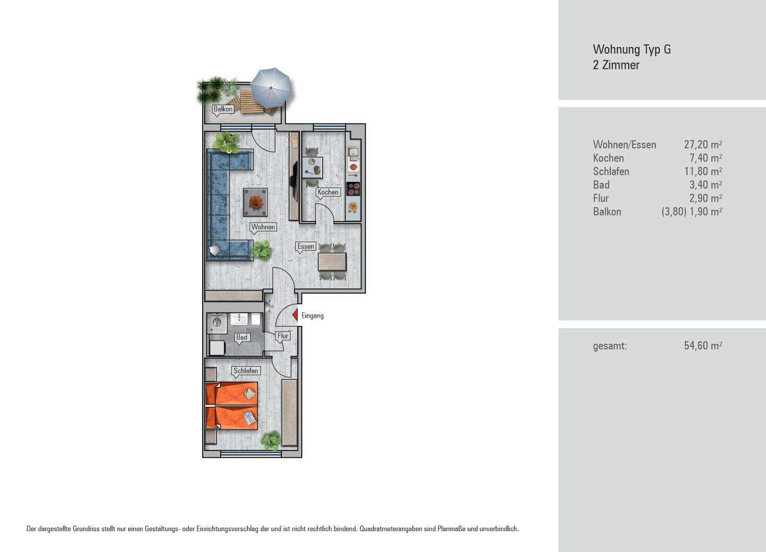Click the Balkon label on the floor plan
pyautogui.click(x=223, y=109)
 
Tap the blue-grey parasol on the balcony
pyautogui.click(x=270, y=88)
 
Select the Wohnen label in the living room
pyautogui.click(x=263, y=227)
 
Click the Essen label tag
pyautogui.click(x=305, y=246)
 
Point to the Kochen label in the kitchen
pyautogui.click(x=328, y=192)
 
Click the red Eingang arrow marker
pyautogui.click(x=295, y=315)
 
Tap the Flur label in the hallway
pyautogui.click(x=283, y=336)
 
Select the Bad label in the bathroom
pyautogui.click(x=242, y=337)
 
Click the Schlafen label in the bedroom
pyautogui.click(x=246, y=371)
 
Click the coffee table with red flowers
pyautogui.click(x=255, y=202)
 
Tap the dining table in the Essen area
pyautogui.click(x=332, y=262)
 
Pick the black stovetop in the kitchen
pyautogui.click(x=353, y=189)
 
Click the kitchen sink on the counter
pyautogui.click(x=353, y=154)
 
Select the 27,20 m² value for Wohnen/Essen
pyautogui.click(x=703, y=145)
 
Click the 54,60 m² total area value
pyautogui.click(x=703, y=346)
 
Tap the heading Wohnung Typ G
pyautogui.click(x=632, y=49)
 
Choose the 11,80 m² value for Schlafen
pyautogui.click(x=703, y=171)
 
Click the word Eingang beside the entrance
pyautogui.click(x=313, y=316)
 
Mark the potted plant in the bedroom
pyautogui.click(x=271, y=440)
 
